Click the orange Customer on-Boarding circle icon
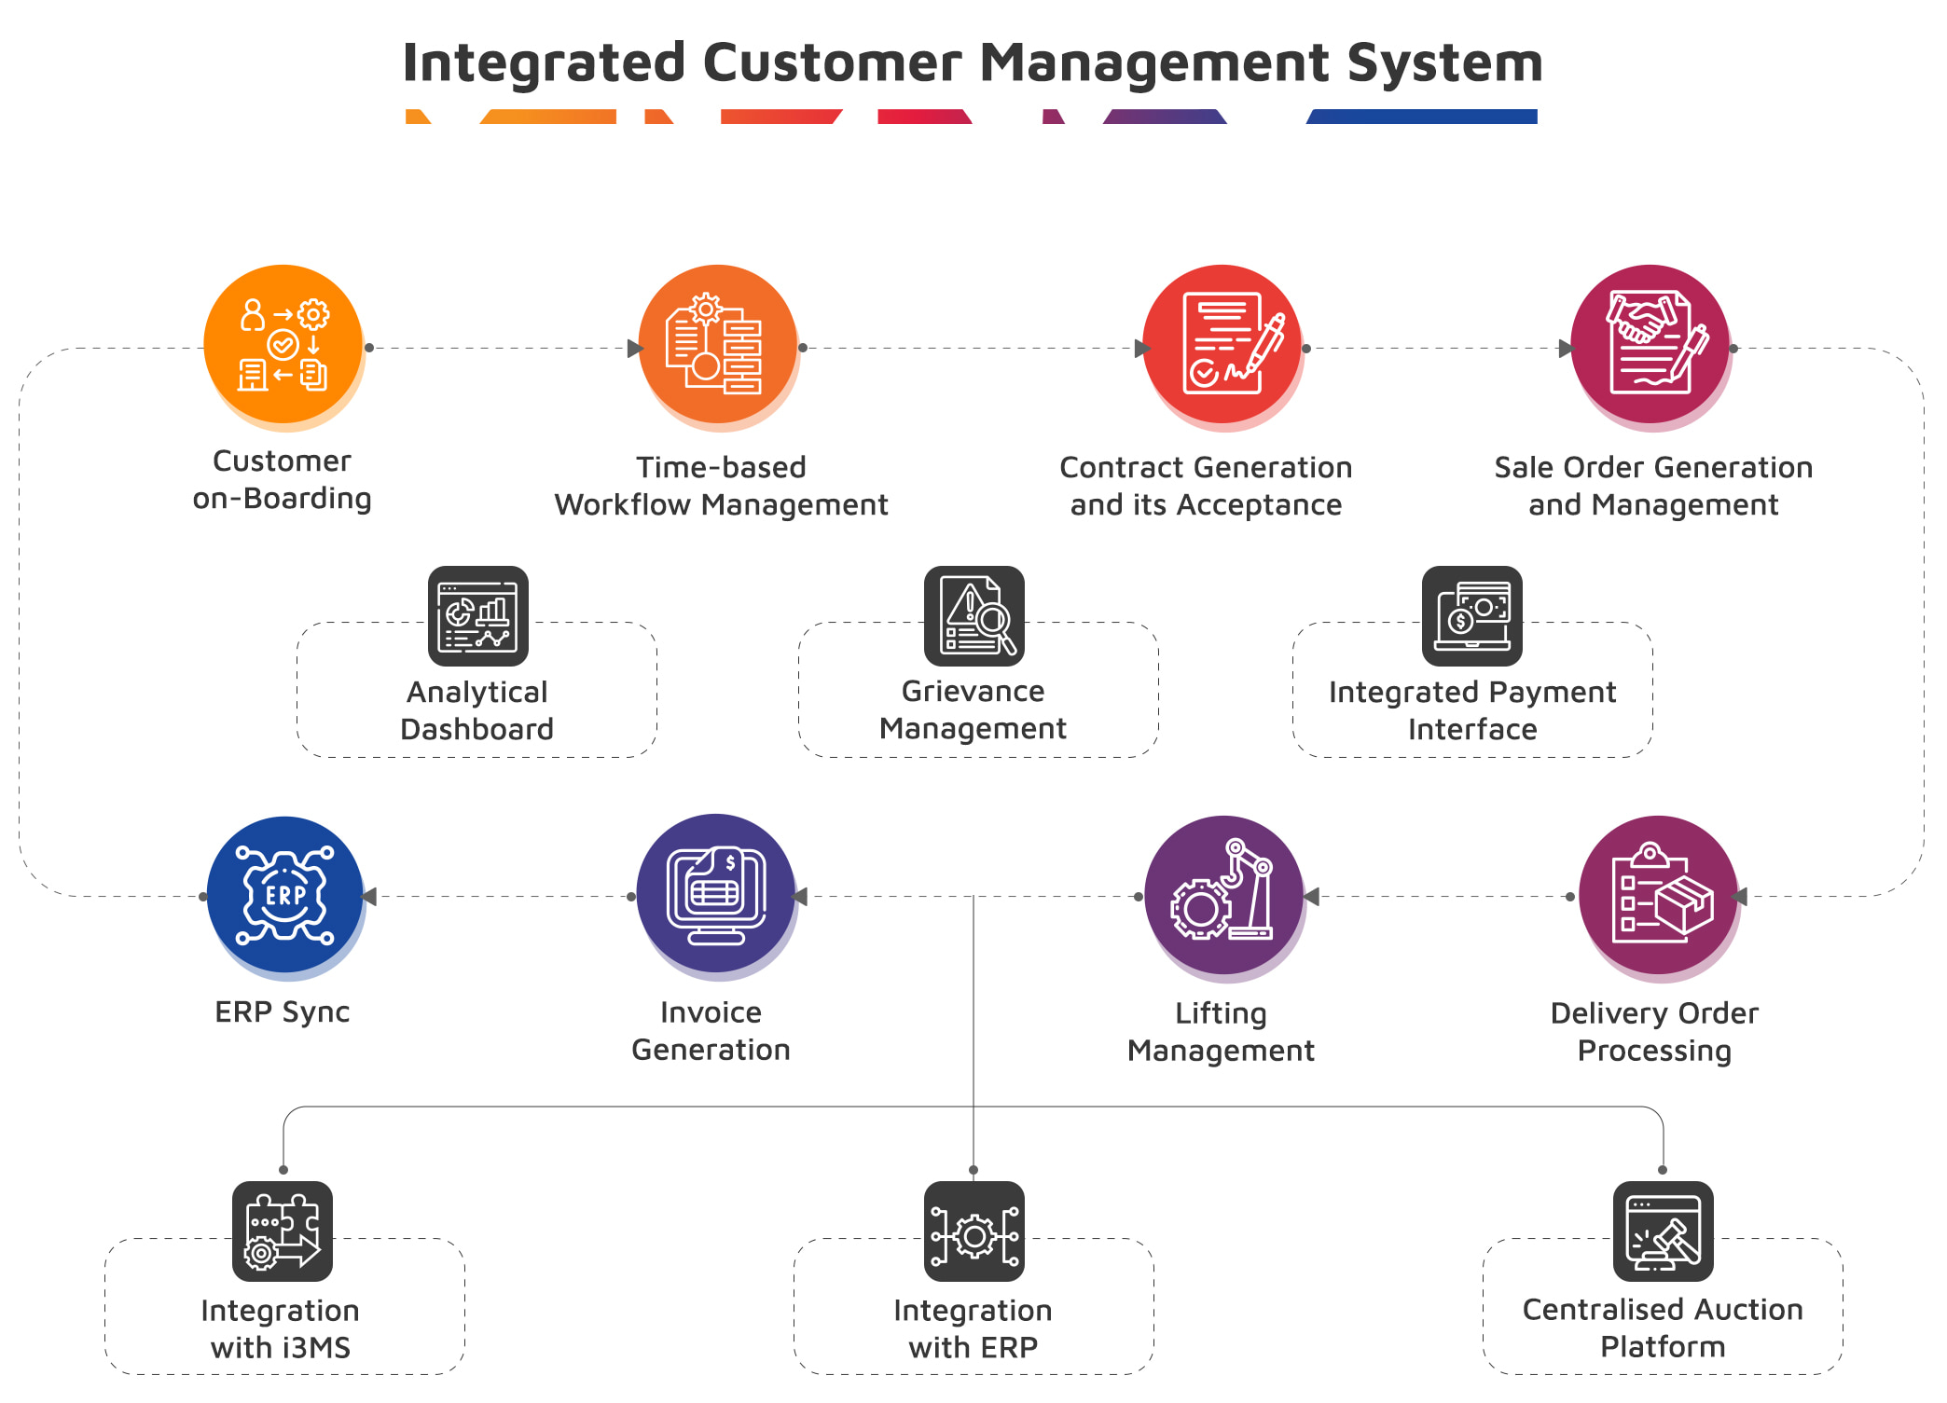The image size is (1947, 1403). click(x=283, y=344)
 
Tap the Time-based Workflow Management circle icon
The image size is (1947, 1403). click(x=717, y=344)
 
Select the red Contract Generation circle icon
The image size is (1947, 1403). click(x=1222, y=344)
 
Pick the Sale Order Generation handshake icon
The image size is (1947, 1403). click(x=1650, y=344)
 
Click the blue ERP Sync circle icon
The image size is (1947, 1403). click(x=284, y=895)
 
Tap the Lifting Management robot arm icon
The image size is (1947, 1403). click(x=1223, y=895)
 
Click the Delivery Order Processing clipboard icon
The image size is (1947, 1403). click(x=1658, y=895)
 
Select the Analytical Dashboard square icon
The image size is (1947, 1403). click(x=477, y=616)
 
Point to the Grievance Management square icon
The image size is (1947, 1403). click(x=973, y=616)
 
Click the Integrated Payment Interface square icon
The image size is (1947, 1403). click(x=1471, y=616)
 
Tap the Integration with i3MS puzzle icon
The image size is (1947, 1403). click(x=282, y=1231)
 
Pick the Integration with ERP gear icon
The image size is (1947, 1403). click(x=973, y=1231)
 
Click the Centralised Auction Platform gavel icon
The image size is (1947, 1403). click(x=1663, y=1231)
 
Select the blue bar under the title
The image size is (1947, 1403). click(x=1422, y=117)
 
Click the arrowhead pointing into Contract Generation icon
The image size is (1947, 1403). click(x=1142, y=349)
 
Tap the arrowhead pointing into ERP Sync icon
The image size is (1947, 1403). click(x=369, y=897)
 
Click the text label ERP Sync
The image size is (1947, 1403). click(x=282, y=1011)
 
